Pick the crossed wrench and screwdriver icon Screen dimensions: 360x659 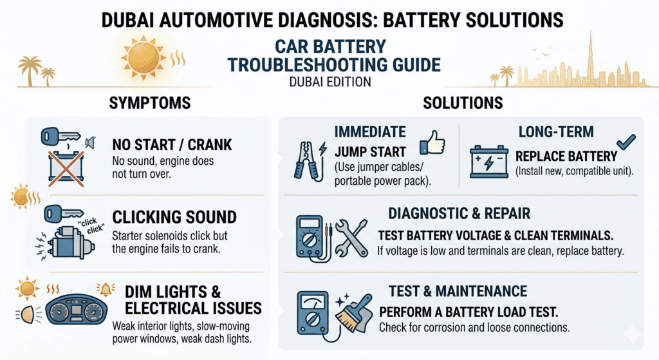pos(351,236)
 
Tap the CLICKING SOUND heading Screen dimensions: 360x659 pos(174,216)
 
